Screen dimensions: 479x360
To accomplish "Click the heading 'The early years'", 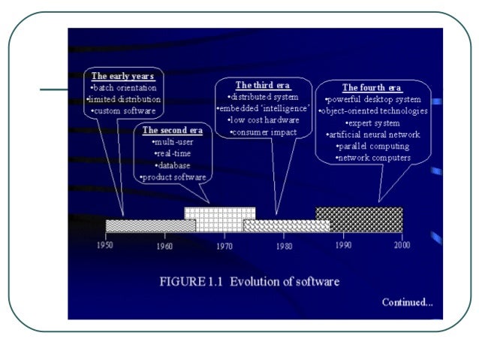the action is click(122, 76).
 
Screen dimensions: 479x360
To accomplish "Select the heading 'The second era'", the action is click(172, 130).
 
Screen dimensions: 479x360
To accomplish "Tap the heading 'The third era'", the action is click(262, 85).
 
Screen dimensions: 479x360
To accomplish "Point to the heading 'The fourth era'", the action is click(372, 87).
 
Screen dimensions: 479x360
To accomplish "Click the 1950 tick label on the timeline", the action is click(105, 245).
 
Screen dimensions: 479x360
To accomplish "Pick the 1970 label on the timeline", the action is click(224, 245).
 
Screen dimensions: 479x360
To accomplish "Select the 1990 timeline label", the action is click(343, 245).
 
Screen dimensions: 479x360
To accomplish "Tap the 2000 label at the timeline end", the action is click(402, 245).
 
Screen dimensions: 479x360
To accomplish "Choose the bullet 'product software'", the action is click(172, 177).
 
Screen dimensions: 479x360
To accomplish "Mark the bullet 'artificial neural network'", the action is click(373, 135).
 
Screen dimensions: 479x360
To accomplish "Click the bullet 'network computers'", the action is click(373, 158).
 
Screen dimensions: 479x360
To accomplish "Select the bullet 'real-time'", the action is click(172, 153).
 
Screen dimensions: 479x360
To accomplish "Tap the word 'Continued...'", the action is click(408, 302).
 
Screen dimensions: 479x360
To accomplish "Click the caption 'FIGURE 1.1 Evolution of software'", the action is click(250, 282).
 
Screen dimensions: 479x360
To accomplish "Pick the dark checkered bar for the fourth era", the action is click(359, 219).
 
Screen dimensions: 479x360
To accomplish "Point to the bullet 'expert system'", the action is click(373, 123).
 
